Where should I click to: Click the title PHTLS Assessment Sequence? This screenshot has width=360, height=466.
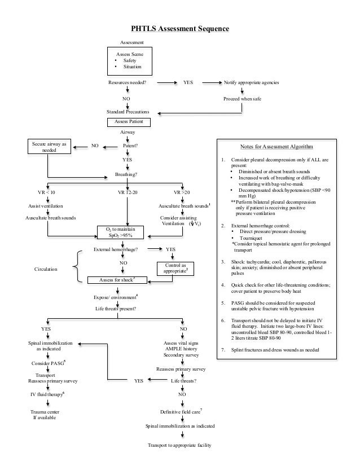coord(180,28)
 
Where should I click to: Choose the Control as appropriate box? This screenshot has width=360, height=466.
coord(175,268)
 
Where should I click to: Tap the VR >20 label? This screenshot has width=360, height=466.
coord(182,192)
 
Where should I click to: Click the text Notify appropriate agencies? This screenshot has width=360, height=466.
coord(251,82)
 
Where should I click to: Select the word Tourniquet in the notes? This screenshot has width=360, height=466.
coord(252,239)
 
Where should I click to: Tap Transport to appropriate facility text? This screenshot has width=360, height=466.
coord(179,446)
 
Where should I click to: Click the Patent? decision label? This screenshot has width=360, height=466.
coord(131,145)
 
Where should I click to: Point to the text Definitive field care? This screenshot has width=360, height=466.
coord(181,413)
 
